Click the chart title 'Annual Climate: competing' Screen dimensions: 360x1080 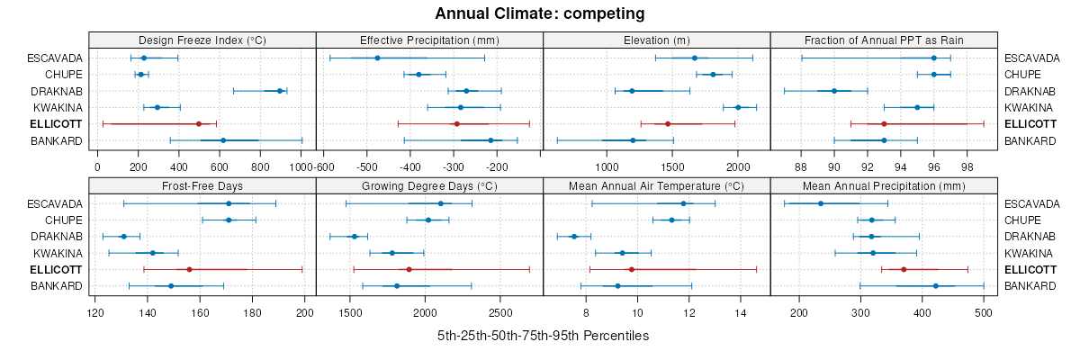[x=539, y=13]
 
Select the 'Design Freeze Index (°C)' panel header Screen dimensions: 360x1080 [x=202, y=40]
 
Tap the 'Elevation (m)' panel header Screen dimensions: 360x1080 [x=657, y=40]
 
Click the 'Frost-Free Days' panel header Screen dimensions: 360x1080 [x=202, y=186]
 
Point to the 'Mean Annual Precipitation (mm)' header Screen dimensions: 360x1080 [x=884, y=186]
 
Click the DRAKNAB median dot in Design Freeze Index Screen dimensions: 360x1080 [x=280, y=91]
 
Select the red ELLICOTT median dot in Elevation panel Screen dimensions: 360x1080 [x=667, y=123]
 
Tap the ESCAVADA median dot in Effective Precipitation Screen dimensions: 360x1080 [x=377, y=58]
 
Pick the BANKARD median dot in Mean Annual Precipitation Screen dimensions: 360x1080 [x=936, y=286]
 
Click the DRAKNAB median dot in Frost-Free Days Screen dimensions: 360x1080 [x=123, y=237]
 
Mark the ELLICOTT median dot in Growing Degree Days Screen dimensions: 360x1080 [x=409, y=270]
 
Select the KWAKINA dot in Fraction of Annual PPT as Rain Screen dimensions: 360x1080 [x=917, y=107]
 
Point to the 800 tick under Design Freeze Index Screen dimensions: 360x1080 [x=260, y=166]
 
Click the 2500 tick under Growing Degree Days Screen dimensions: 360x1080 [x=500, y=312]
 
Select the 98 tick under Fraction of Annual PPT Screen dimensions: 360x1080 [x=967, y=166]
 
